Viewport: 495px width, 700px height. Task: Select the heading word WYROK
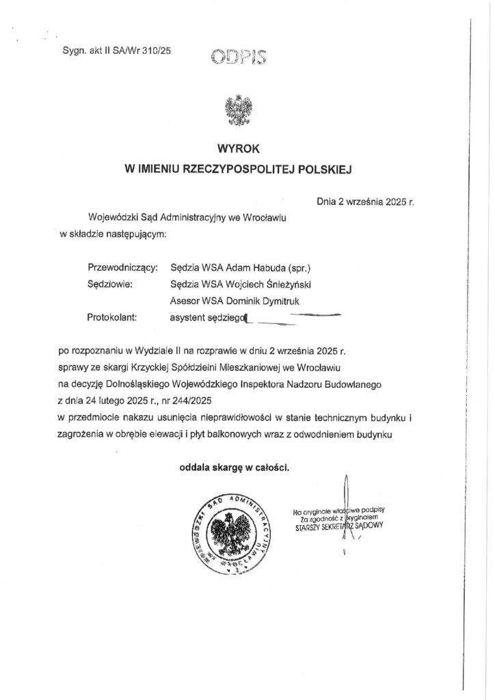click(x=235, y=148)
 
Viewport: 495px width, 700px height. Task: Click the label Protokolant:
click(x=113, y=317)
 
